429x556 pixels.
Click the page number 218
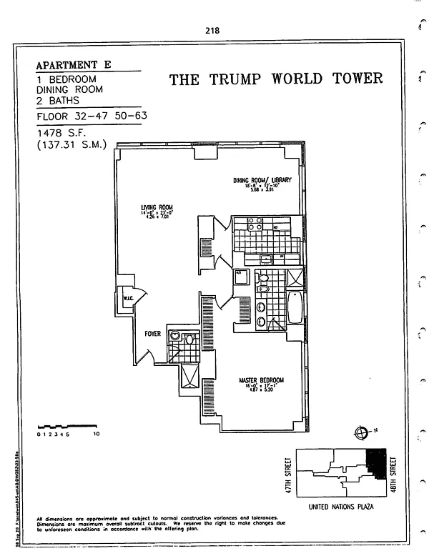coord(212,31)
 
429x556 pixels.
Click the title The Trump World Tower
coord(276,79)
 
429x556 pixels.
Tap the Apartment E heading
coord(74,64)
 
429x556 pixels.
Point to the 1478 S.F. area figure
coord(62,133)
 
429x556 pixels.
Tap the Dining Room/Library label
coord(262,180)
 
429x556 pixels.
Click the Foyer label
coord(153,334)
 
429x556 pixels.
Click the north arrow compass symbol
coord(360,432)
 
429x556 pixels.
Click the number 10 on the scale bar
coord(95,434)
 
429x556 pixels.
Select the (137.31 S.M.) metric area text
coord(71,145)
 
